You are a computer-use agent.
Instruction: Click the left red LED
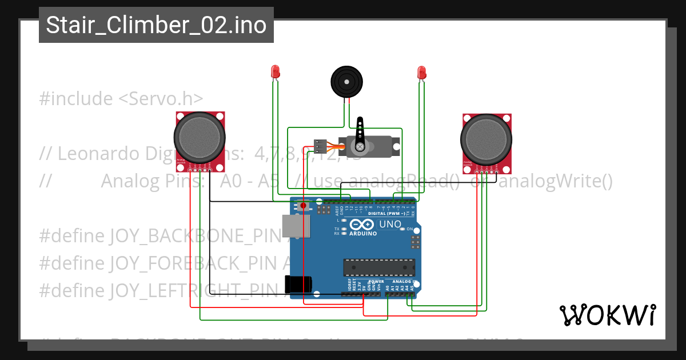[275, 72]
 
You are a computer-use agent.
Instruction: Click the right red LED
[422, 73]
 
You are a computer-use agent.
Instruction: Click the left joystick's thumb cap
[197, 137]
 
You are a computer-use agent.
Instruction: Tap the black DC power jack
[298, 284]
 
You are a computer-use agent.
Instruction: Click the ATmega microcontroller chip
[379, 267]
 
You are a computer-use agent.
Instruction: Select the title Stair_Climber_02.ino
[156, 25]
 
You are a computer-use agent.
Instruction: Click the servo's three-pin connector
[320, 147]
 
